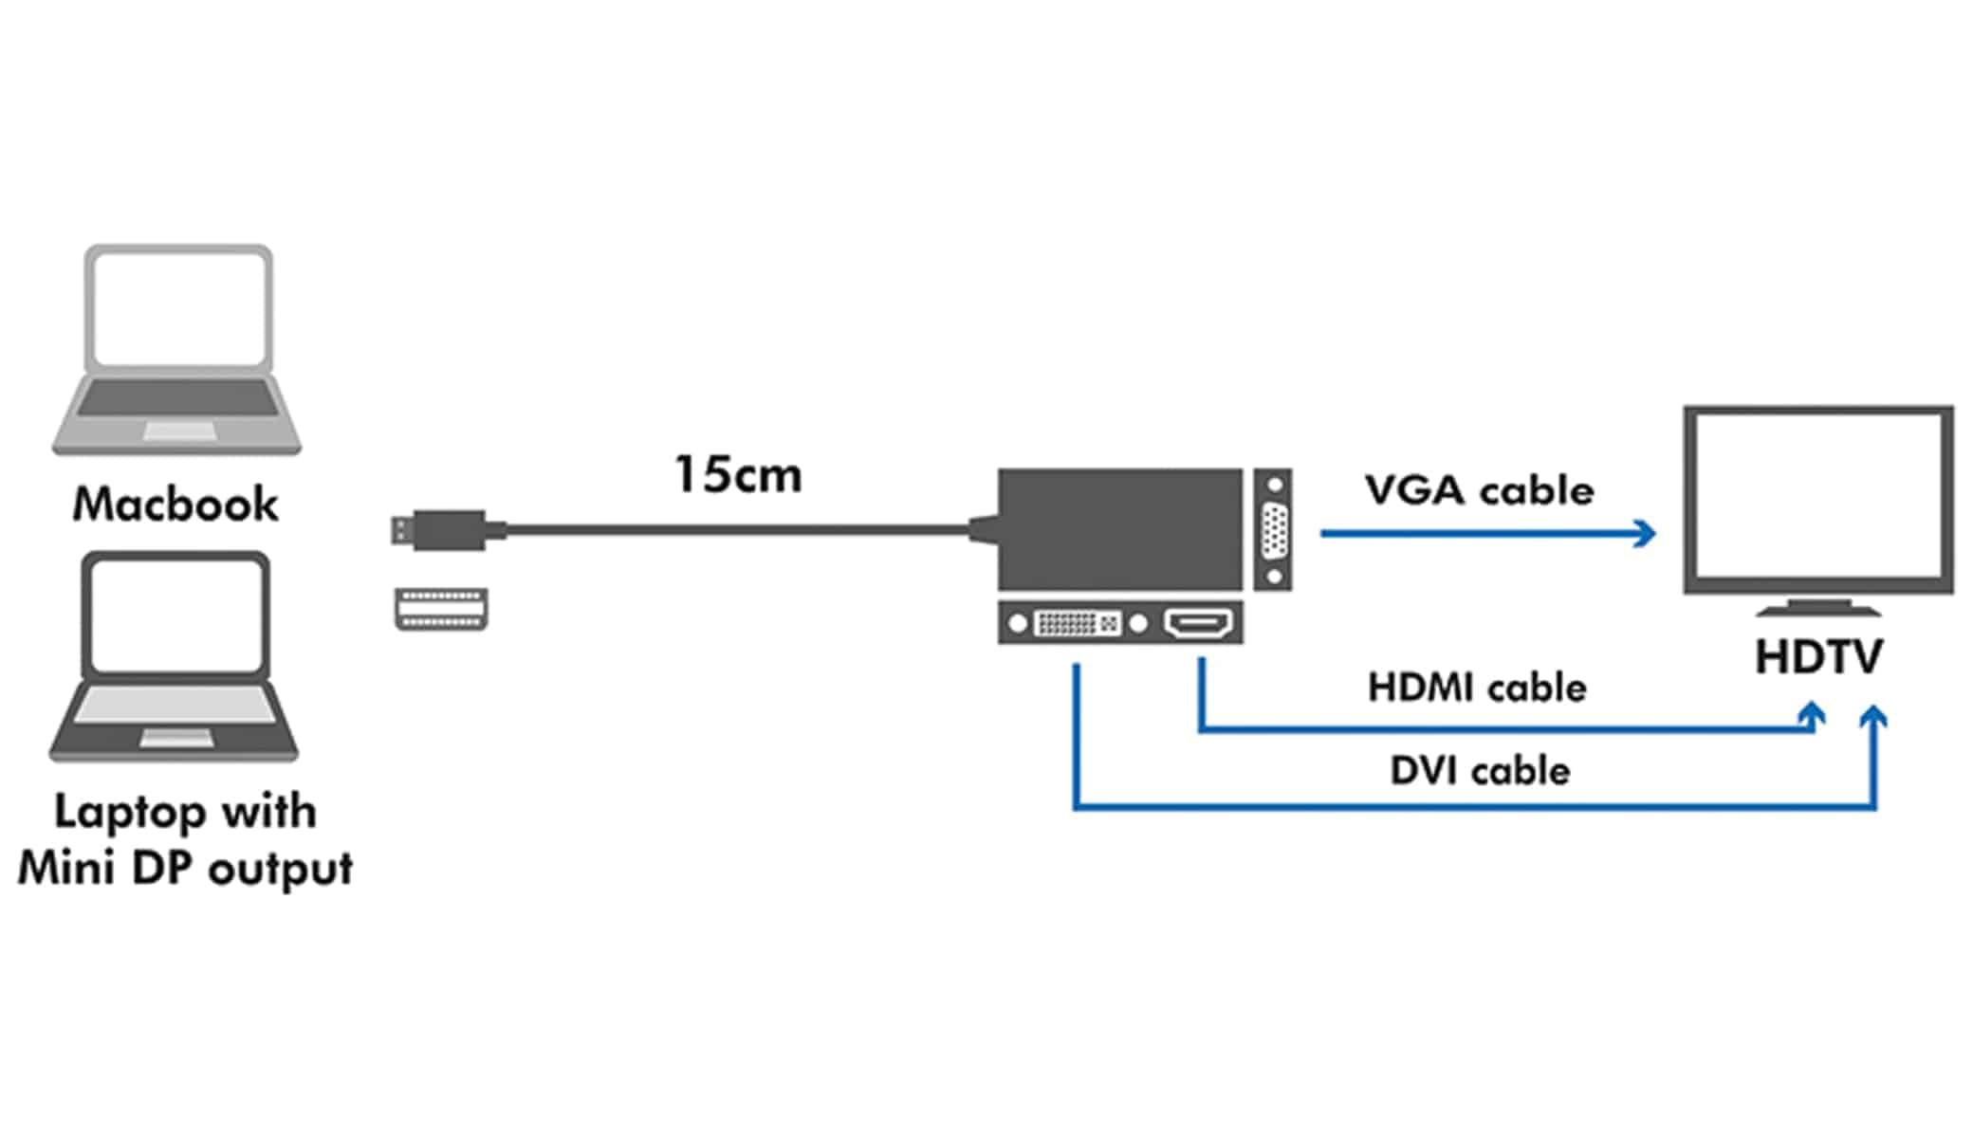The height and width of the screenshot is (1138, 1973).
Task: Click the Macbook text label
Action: coord(175,504)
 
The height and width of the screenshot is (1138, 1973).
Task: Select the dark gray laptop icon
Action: coord(175,654)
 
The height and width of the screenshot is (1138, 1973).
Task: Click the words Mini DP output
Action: coord(185,868)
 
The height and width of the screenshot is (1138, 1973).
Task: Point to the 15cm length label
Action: coord(738,474)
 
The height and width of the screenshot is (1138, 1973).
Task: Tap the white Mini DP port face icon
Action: coord(441,608)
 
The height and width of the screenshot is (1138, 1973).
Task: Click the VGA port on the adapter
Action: coord(1274,530)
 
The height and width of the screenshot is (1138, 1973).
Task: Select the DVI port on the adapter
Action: coord(1077,623)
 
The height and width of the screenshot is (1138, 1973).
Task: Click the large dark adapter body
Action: coord(1119,529)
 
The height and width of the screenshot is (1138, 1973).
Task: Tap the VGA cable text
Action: coord(1479,490)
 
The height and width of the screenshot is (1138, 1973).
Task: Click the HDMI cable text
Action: coord(1476,688)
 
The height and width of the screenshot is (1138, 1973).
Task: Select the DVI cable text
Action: coord(1480,770)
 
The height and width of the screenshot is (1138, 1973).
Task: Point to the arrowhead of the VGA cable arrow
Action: coord(1646,533)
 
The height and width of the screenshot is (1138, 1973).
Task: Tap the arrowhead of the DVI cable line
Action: coord(1873,716)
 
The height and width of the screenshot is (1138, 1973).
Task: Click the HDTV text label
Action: coord(1817,656)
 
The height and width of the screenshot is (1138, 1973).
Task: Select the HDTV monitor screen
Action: coord(1817,498)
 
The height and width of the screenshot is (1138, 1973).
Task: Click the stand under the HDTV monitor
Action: coord(1817,607)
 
